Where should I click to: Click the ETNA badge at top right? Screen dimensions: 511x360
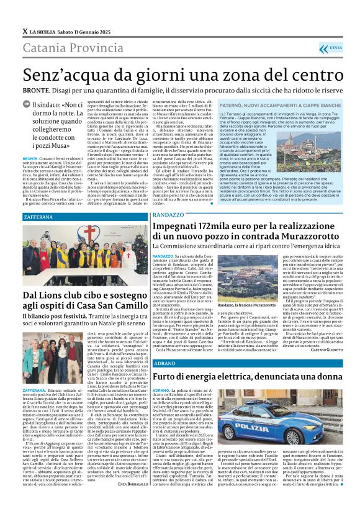pyautogui.click(x=333, y=47)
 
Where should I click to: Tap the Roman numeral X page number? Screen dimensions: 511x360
pyautogui.click(x=25, y=30)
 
